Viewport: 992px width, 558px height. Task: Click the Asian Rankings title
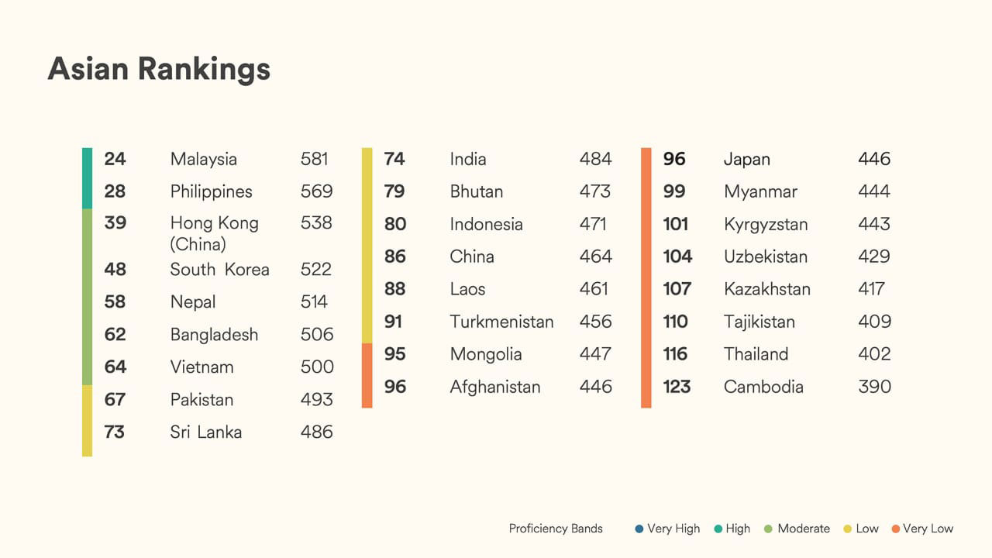click(159, 69)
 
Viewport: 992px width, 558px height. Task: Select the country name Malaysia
click(204, 159)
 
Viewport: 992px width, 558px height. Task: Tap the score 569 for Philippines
click(316, 191)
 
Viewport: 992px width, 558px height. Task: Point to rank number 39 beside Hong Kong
click(115, 223)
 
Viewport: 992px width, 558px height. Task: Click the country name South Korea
click(220, 270)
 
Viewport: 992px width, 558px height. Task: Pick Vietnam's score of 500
click(317, 367)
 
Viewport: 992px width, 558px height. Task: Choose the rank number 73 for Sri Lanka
click(114, 432)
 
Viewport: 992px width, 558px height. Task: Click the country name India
click(468, 159)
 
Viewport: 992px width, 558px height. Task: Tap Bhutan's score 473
click(595, 191)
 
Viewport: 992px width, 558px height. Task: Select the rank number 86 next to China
click(394, 257)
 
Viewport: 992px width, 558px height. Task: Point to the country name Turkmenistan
click(501, 322)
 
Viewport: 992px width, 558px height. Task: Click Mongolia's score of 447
click(595, 354)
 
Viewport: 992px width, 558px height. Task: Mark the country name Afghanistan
click(495, 387)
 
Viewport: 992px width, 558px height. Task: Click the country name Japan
click(747, 159)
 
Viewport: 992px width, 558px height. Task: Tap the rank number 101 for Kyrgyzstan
click(676, 224)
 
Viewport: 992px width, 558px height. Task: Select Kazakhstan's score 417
click(871, 289)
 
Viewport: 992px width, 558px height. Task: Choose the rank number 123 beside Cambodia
click(677, 387)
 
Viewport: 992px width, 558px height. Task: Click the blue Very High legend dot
click(639, 529)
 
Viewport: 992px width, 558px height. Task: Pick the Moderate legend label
click(804, 529)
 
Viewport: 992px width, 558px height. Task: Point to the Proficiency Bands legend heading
click(556, 529)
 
